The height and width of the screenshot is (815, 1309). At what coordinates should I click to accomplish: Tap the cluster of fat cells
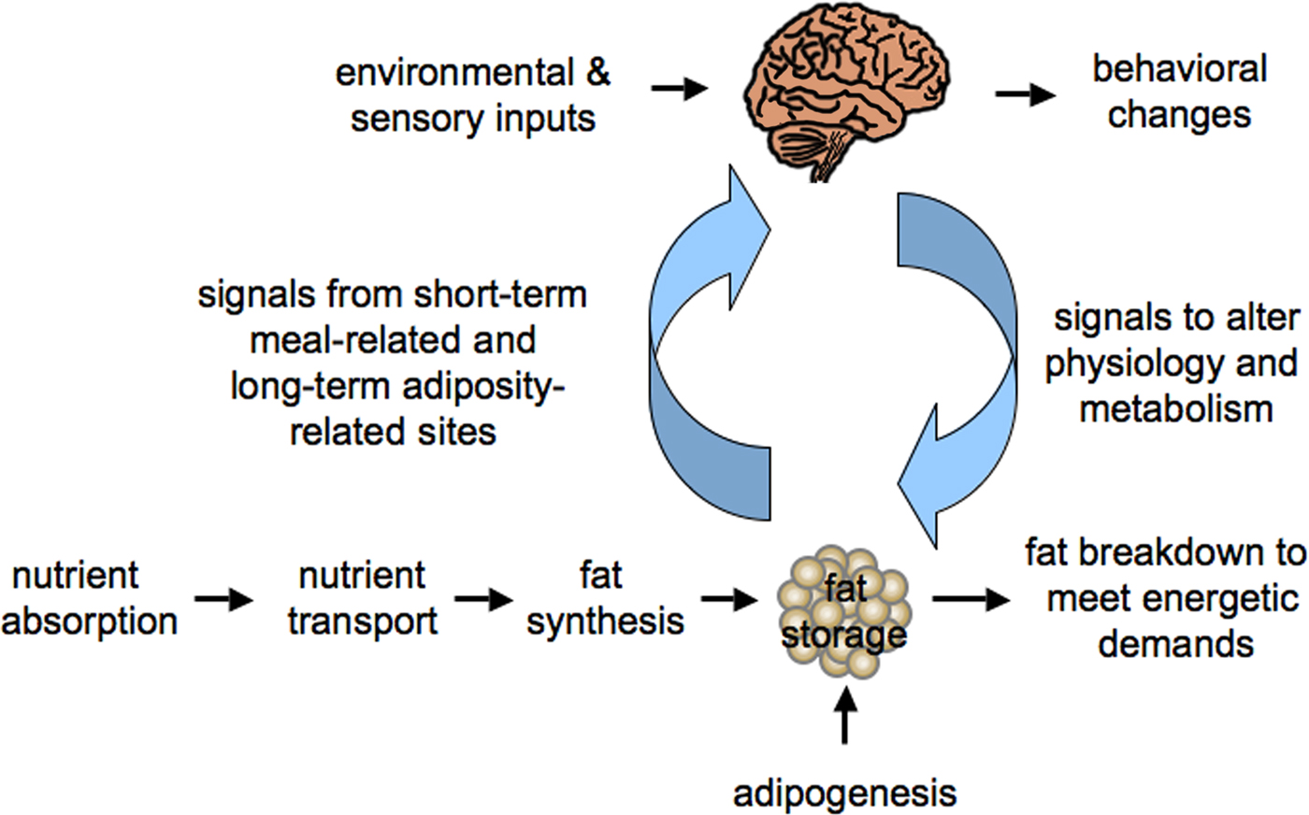[x=843, y=611]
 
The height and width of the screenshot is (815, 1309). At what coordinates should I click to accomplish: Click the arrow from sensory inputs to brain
[x=680, y=89]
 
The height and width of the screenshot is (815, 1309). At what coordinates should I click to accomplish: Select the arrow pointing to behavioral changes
[x=1027, y=94]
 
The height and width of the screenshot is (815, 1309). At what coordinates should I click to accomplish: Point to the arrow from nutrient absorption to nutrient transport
[x=224, y=599]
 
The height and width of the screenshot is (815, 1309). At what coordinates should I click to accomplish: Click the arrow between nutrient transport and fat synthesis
[x=484, y=599]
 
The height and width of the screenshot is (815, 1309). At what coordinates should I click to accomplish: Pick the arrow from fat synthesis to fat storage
[x=729, y=599]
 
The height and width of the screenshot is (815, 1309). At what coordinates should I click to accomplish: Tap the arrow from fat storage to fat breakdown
[x=971, y=599]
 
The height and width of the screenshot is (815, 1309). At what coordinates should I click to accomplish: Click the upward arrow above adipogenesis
[x=844, y=716]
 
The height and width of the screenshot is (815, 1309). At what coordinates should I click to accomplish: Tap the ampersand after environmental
[x=597, y=74]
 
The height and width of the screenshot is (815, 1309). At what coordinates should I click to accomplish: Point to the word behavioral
[x=1180, y=69]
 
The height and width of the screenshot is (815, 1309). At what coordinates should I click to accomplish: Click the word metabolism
[x=1176, y=409]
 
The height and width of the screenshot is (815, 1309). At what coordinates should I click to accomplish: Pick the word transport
[x=363, y=622]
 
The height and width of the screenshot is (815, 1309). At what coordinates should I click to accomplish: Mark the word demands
[x=1176, y=644]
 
